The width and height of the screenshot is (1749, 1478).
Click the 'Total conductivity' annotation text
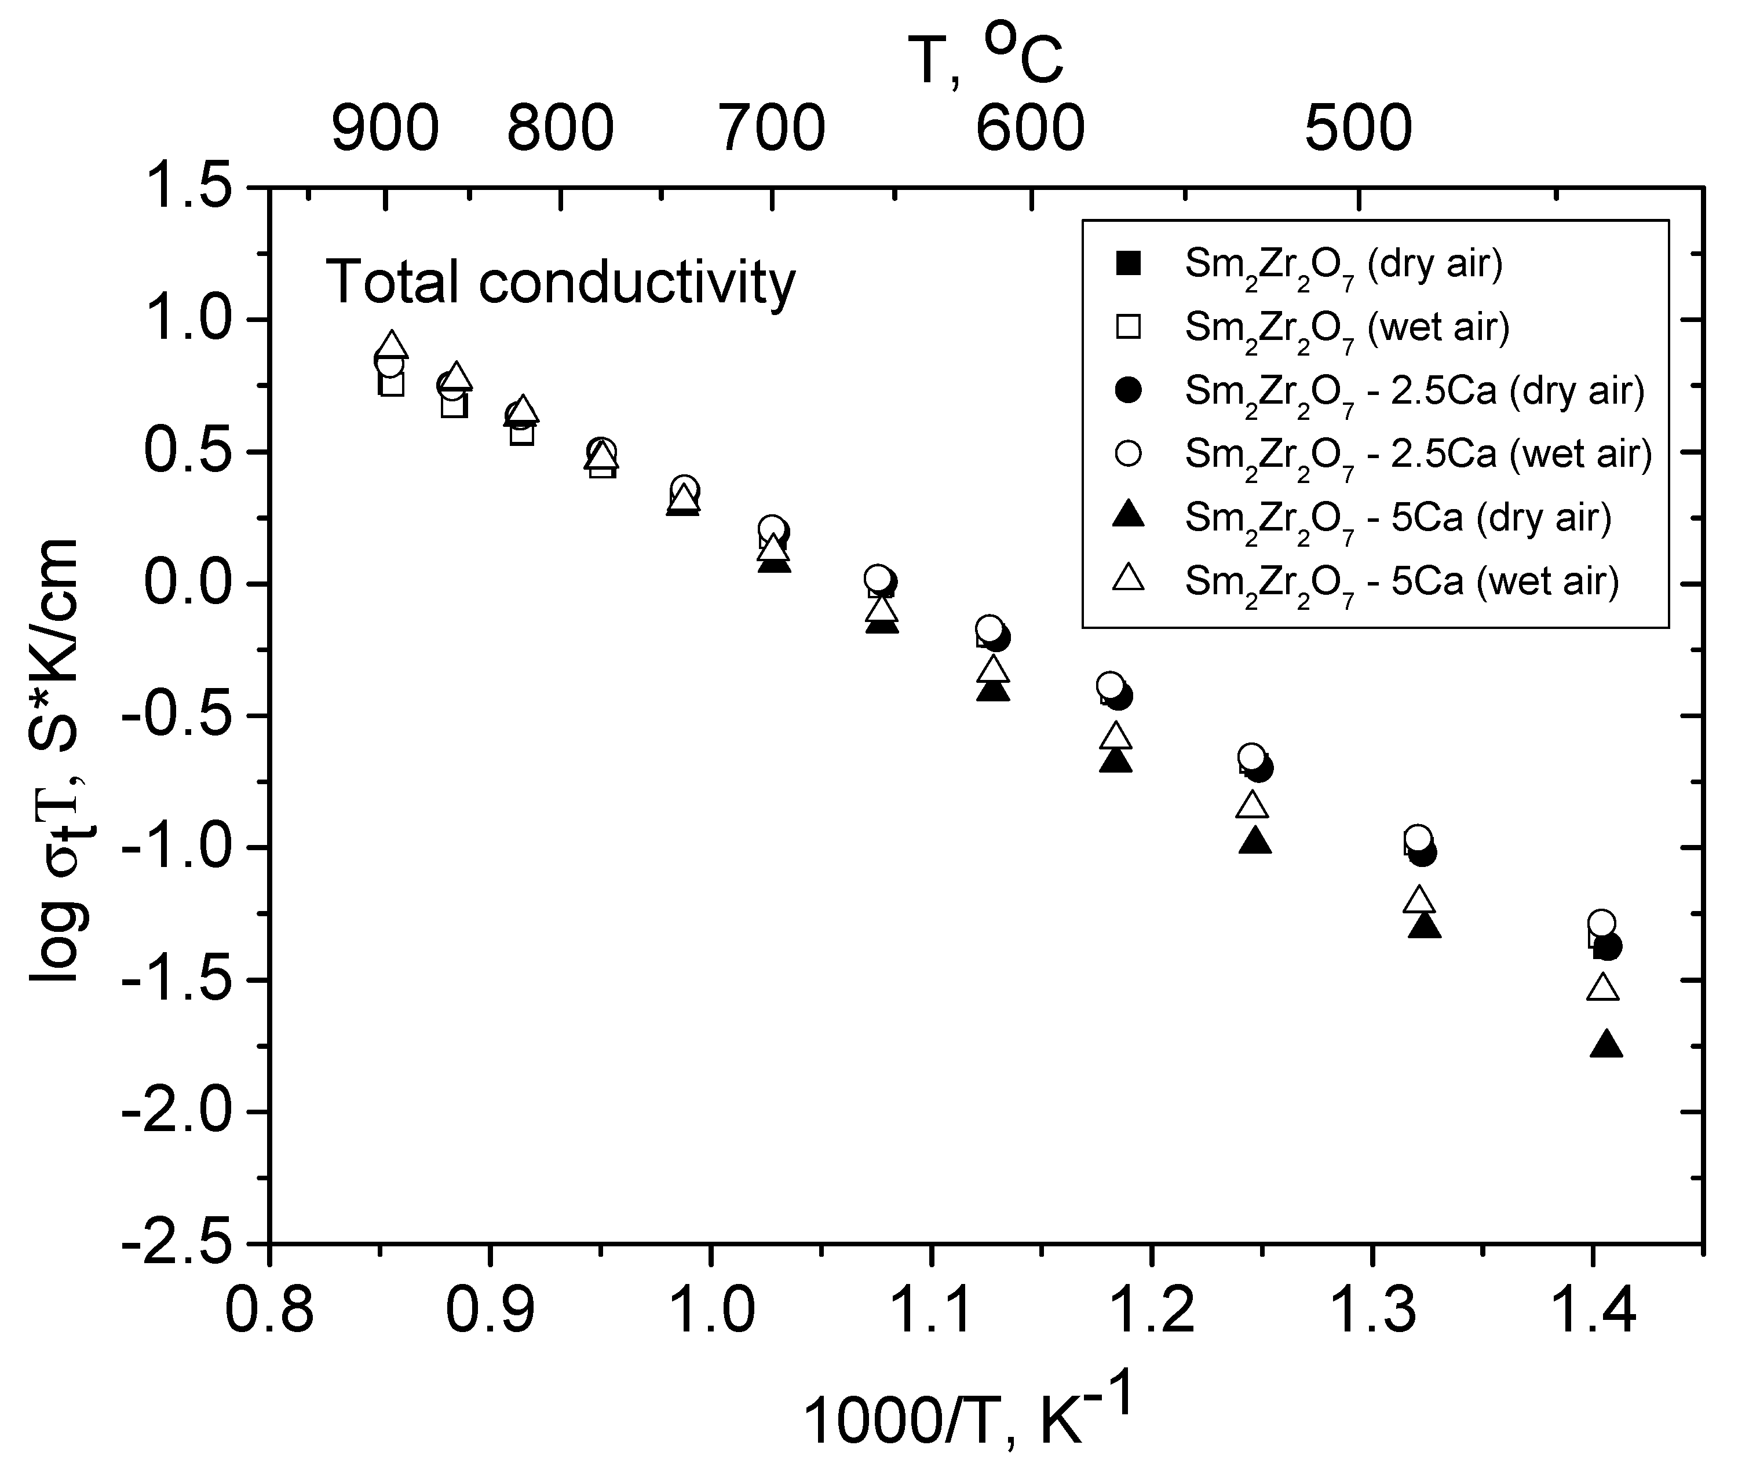560,283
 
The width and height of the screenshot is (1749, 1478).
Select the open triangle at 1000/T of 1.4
1603,987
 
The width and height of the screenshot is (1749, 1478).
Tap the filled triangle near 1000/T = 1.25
1255,841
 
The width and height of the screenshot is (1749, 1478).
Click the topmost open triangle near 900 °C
392,345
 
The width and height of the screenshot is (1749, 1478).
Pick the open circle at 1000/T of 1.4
1601,923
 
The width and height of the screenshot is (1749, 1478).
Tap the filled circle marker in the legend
1129,390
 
